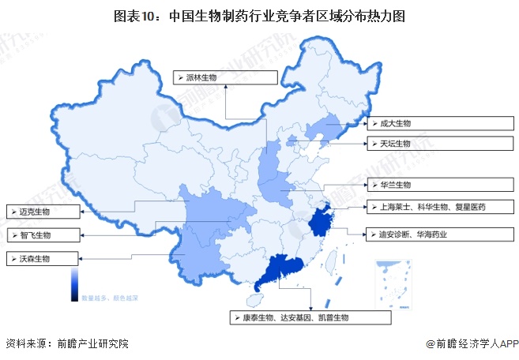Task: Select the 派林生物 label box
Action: click(x=225, y=77)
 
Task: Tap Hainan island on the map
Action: click(x=255, y=301)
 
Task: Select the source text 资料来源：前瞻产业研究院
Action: click(x=66, y=344)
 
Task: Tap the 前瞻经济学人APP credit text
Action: click(x=472, y=344)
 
